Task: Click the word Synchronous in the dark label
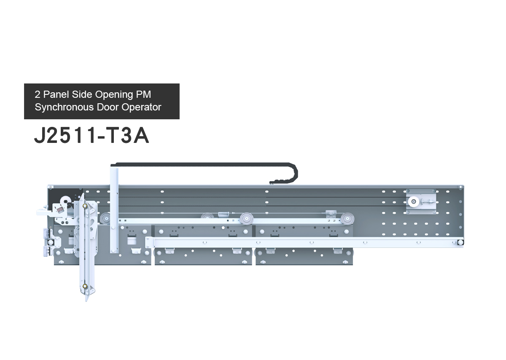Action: [x=65, y=107]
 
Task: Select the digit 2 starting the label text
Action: [x=38, y=94]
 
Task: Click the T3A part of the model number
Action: [x=127, y=135]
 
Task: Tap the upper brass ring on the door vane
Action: [x=85, y=206]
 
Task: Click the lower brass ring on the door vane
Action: [x=85, y=286]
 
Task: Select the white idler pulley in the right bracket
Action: [x=413, y=201]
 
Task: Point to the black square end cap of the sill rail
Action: [x=460, y=242]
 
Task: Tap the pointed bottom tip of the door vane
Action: [x=86, y=301]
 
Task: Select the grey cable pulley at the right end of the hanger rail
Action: [x=347, y=219]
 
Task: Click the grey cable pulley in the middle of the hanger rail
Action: [x=246, y=219]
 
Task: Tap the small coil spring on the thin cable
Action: [x=223, y=213]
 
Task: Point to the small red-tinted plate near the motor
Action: [x=60, y=210]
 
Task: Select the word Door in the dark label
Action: [x=108, y=107]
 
